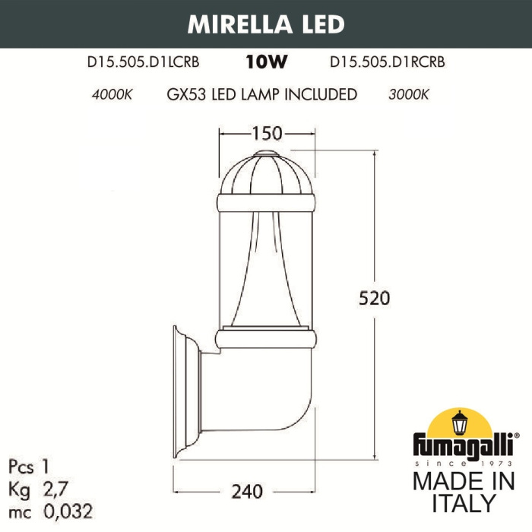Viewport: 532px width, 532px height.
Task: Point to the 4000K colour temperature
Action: click(112, 95)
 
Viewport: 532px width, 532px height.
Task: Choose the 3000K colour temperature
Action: click(409, 95)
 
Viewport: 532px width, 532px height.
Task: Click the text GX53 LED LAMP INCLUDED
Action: click(261, 95)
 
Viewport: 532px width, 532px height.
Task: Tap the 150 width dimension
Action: click(266, 134)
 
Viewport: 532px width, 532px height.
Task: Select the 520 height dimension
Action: click(375, 298)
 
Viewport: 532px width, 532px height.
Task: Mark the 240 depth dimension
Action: click(247, 492)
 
